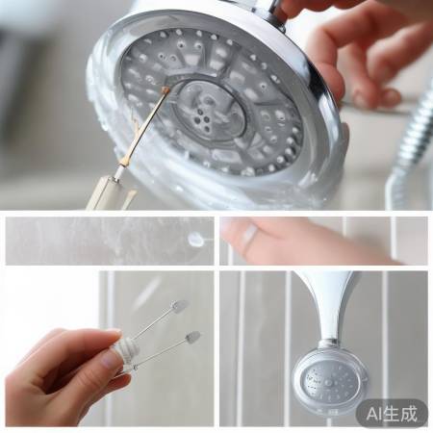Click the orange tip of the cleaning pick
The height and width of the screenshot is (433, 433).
166,90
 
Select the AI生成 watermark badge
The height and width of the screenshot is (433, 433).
392,414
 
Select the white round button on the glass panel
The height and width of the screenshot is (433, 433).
196,240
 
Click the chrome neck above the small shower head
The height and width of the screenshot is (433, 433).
330,308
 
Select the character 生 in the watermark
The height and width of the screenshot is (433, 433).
395,414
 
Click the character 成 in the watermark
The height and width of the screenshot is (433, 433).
411,414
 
